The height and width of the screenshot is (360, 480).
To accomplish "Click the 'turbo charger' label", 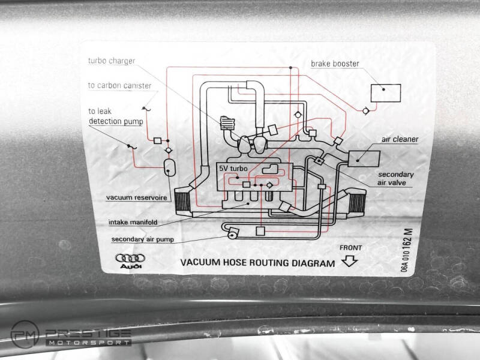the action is pos(112,61).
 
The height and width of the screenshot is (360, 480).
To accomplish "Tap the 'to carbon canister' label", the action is pos(119,85).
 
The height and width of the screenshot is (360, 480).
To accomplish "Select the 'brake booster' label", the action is pos(335,64).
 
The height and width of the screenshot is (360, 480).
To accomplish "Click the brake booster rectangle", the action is pos(386,93).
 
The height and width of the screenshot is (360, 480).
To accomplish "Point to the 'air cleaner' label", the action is pos(400,139).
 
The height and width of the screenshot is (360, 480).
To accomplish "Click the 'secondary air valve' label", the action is pos(395,178).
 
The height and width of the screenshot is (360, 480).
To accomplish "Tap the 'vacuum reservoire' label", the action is pos(137,198).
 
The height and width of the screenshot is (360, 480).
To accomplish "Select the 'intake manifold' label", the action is pos(133,222).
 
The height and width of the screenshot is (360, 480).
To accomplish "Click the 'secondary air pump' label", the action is pos(143,239).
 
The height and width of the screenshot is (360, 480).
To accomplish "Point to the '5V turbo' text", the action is pos(233,169).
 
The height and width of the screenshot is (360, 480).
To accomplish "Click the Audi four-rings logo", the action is pos(130,259).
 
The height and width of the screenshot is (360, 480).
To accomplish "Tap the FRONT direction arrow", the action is pos(350,261).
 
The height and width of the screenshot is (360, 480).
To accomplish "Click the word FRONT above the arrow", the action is pos(351,248).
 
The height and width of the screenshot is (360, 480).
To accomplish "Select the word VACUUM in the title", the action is pos(200,262).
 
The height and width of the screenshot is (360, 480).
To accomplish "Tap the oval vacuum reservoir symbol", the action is pos(169,167).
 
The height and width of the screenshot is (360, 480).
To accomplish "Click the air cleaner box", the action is pos(364,159).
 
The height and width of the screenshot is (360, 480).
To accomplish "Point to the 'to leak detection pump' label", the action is pos(116,116).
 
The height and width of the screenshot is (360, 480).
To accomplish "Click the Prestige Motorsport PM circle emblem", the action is pos(25,335).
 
